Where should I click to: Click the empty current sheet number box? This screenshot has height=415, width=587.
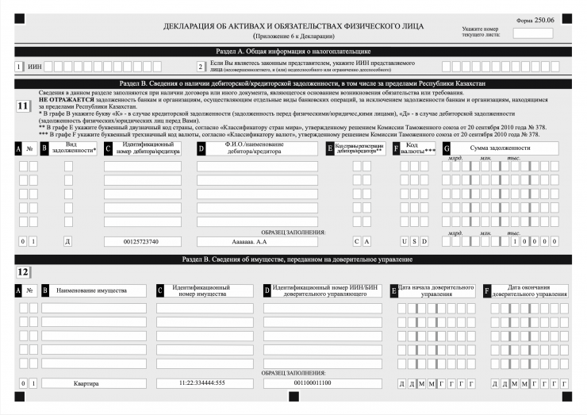click(532, 33)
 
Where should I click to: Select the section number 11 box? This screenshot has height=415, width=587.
click(24, 106)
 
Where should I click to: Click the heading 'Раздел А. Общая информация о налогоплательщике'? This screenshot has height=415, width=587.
click(293, 52)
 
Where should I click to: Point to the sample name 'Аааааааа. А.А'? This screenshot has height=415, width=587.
click(250, 241)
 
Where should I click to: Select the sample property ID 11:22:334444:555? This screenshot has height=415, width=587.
click(202, 384)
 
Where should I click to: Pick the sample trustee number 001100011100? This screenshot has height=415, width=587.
click(312, 384)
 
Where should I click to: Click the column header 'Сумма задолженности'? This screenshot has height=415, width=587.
click(501, 148)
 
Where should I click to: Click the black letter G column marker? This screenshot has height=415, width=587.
click(447, 148)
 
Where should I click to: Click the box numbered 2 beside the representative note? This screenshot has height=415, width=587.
click(201, 67)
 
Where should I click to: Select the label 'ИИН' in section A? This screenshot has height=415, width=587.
click(34, 67)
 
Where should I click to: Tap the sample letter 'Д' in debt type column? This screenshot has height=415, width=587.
click(68, 241)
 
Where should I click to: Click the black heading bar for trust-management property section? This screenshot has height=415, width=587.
click(293, 259)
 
